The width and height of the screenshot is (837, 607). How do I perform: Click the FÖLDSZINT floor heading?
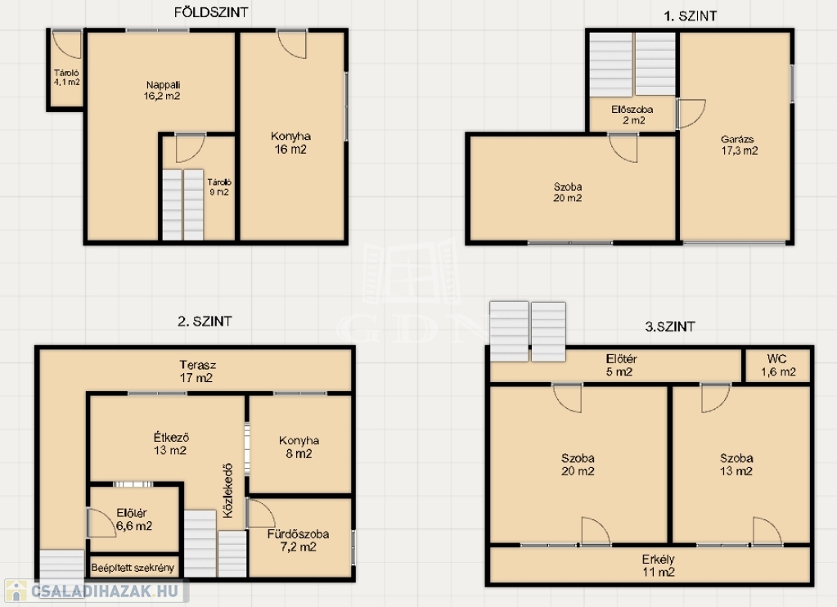(x=211, y=12)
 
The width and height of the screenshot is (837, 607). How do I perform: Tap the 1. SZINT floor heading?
(x=690, y=16)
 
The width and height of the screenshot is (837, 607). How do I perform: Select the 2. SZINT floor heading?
(x=205, y=321)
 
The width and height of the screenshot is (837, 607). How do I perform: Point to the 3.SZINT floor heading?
(x=670, y=326)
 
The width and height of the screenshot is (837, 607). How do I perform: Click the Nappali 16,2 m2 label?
(x=162, y=90)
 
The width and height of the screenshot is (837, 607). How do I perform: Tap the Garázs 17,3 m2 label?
(x=739, y=145)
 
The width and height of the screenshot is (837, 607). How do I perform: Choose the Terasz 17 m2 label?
(x=197, y=371)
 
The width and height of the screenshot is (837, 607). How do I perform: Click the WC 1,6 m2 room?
(x=778, y=366)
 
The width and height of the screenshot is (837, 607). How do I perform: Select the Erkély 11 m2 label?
(x=658, y=566)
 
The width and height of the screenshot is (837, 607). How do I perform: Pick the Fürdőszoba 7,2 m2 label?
(x=298, y=540)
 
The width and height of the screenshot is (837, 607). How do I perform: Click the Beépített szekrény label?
(x=133, y=568)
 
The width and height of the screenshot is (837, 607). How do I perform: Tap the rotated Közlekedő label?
(x=228, y=490)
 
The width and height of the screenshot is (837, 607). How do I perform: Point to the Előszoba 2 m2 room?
(x=632, y=115)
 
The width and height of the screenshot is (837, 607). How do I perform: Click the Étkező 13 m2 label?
(x=171, y=443)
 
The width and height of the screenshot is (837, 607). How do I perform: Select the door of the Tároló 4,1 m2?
(x=67, y=45)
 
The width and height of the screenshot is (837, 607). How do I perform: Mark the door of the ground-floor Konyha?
(x=292, y=45)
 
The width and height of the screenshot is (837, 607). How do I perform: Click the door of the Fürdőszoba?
(x=262, y=514)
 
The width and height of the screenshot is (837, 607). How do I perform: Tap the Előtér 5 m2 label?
(x=621, y=365)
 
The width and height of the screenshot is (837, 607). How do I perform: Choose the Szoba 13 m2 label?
(x=736, y=465)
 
